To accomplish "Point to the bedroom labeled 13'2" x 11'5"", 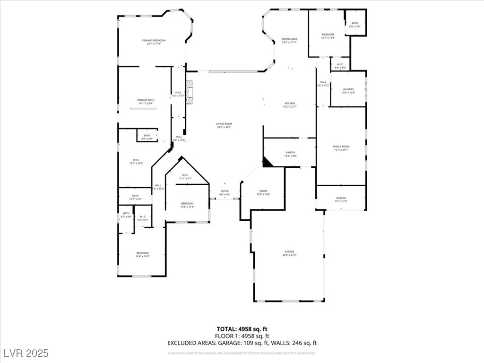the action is coord(187,205).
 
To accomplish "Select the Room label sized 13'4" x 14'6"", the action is coord(263,192).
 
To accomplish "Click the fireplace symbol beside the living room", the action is coord(190,92).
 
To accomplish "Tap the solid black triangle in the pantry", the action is coord(267,162).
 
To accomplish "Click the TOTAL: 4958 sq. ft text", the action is coord(242,329).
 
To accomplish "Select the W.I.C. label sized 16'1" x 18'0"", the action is coord(136,162).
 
